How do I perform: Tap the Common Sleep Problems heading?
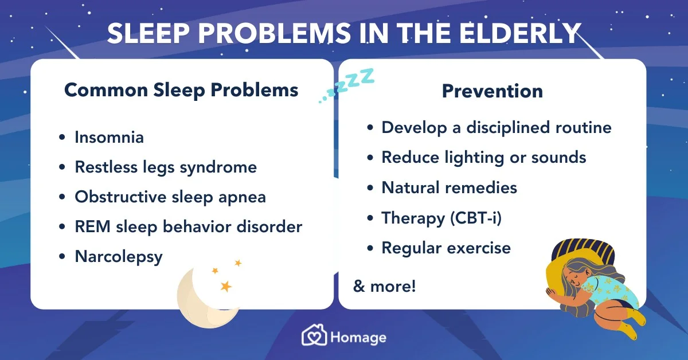click(x=181, y=91)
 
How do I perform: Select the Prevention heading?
click(x=492, y=91)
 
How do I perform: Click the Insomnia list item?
click(x=109, y=138)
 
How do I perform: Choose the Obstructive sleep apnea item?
click(x=170, y=197)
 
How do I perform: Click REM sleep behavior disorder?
click(x=188, y=227)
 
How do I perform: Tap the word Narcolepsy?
click(x=119, y=257)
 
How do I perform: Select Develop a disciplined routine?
click(x=497, y=128)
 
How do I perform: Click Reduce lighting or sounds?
click(x=484, y=158)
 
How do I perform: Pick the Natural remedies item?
click(x=449, y=187)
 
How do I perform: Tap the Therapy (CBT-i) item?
click(x=441, y=218)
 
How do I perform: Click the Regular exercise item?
click(x=446, y=248)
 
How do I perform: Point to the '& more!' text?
click(x=384, y=286)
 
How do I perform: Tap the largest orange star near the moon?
click(x=226, y=286)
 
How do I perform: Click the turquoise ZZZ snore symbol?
click(x=346, y=85)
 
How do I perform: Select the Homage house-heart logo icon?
click(x=314, y=335)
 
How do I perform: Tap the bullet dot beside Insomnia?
click(x=62, y=138)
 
